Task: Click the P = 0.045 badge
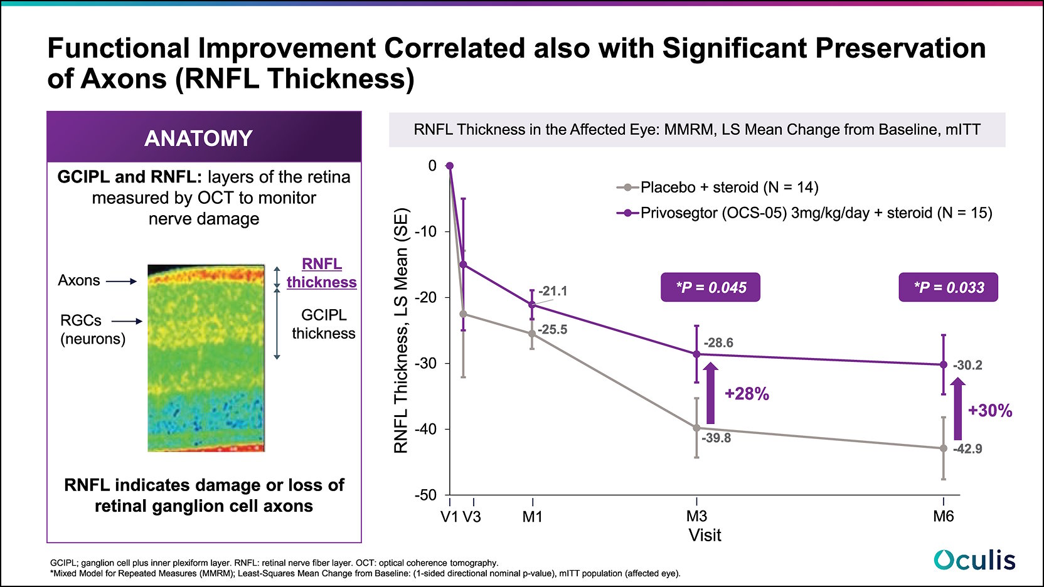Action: click(710, 287)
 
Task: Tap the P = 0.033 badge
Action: click(948, 287)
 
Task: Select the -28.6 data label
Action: click(718, 343)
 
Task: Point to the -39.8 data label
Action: click(716, 438)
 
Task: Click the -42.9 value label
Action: click(967, 449)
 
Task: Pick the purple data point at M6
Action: click(944, 364)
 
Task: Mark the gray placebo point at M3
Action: click(696, 428)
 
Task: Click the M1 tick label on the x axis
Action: click(532, 517)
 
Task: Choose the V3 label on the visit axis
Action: click(472, 517)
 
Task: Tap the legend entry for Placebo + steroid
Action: click(718, 187)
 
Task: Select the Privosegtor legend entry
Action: click(804, 213)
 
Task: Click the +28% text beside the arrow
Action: click(747, 394)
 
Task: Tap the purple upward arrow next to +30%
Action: click(957, 409)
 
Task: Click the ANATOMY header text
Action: click(198, 138)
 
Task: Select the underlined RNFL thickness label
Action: click(322, 273)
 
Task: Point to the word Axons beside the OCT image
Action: click(79, 280)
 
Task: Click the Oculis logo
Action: click(974, 560)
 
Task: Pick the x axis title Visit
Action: click(705, 536)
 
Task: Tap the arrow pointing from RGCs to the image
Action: click(127, 321)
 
